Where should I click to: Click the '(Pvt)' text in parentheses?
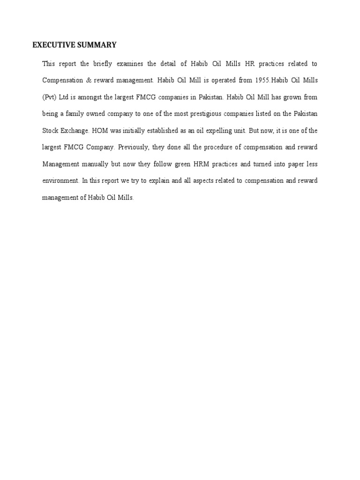49,97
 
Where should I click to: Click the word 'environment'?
60,181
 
